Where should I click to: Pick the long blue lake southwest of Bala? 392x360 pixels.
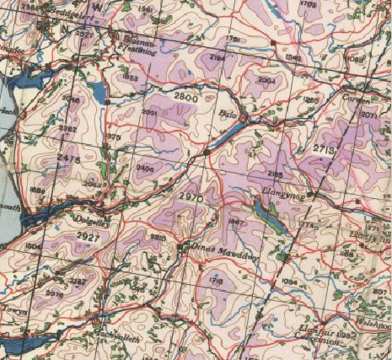tap(223, 137)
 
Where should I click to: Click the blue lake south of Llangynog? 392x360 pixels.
tap(271, 218)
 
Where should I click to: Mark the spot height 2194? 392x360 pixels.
tap(217, 57)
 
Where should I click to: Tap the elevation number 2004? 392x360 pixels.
tap(267, 79)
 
